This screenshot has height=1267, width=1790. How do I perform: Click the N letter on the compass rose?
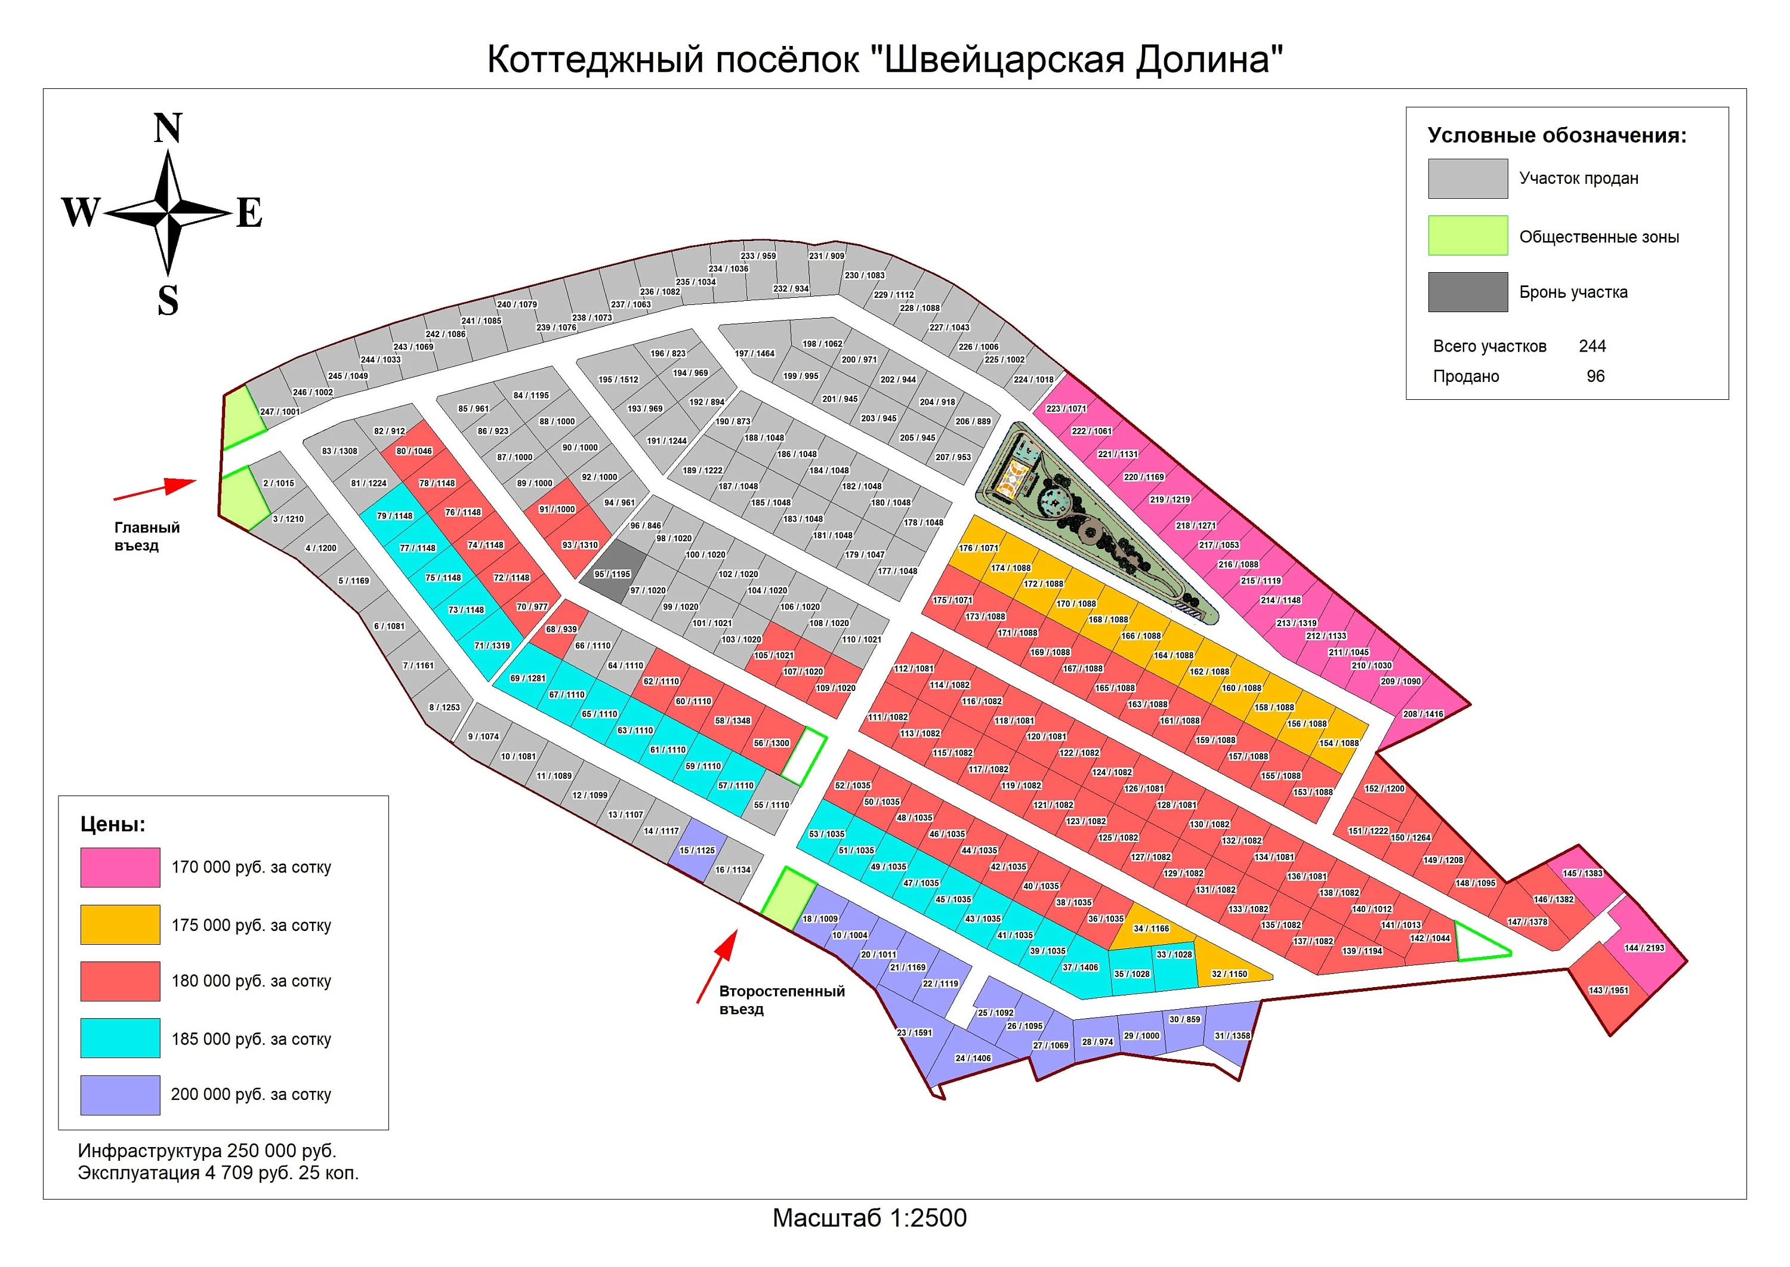[168, 128]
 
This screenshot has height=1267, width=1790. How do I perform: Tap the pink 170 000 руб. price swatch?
[120, 868]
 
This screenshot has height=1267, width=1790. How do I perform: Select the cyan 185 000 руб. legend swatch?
[120, 1038]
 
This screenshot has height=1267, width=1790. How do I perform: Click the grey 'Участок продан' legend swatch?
[1468, 178]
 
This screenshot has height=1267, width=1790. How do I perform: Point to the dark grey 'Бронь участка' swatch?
[1468, 292]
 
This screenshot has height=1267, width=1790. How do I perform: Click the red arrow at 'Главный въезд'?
[155, 489]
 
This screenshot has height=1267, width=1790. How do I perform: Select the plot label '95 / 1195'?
[612, 574]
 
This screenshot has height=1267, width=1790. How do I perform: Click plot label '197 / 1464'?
[754, 353]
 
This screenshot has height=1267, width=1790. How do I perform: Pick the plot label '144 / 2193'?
[1644, 948]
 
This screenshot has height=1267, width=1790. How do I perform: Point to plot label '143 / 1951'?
[1608, 990]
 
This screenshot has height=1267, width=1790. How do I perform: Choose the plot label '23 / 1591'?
[914, 1032]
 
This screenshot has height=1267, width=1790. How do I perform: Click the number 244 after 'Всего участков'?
[1593, 346]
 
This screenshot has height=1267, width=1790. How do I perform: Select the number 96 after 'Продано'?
[1596, 376]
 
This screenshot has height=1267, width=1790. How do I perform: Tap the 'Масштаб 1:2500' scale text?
[870, 1218]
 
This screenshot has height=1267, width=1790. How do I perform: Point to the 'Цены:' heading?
[113, 825]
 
